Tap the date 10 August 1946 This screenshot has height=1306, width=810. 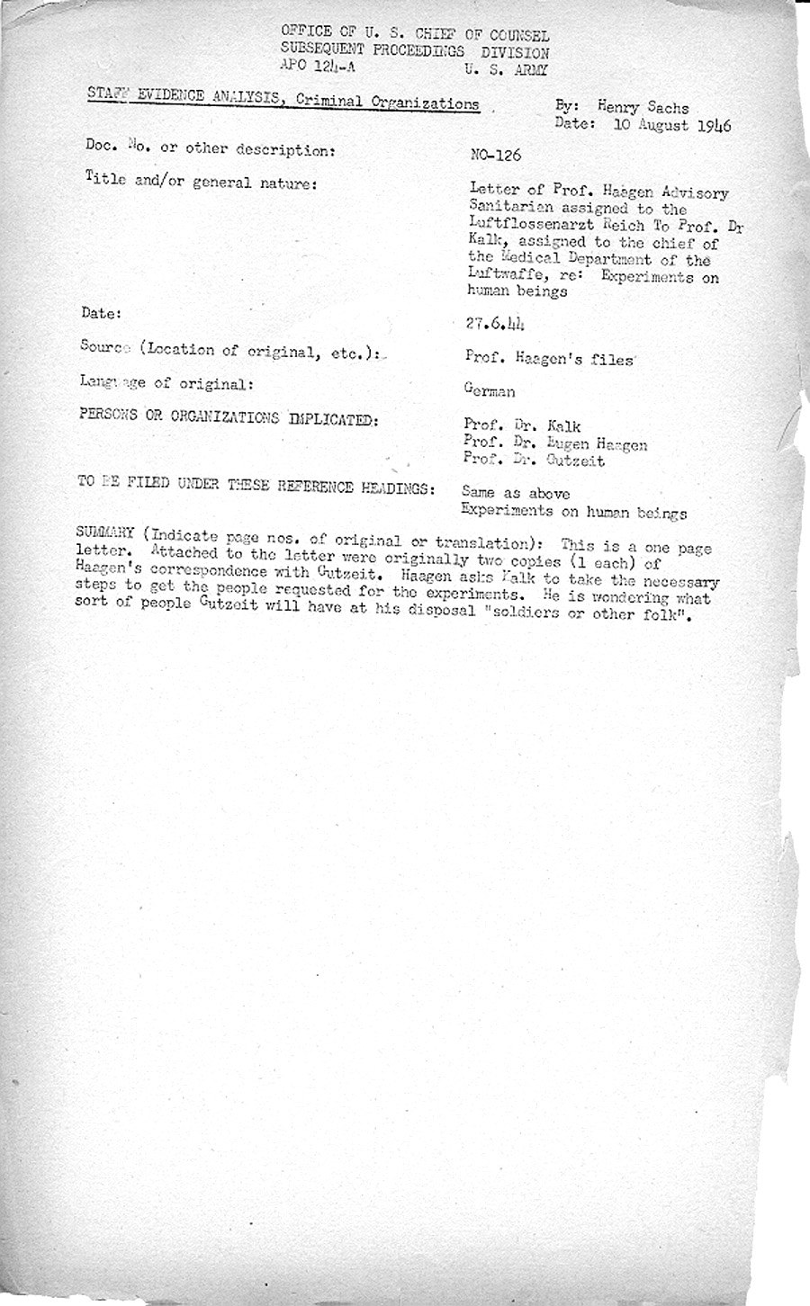(x=673, y=126)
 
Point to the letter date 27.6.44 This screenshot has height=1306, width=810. (x=495, y=326)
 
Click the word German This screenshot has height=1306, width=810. (x=490, y=390)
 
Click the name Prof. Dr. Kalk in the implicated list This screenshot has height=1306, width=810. (x=522, y=425)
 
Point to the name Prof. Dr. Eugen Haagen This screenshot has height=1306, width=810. (x=554, y=443)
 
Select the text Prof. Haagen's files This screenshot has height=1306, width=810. (x=550, y=357)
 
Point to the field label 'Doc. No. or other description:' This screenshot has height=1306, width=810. (x=211, y=149)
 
